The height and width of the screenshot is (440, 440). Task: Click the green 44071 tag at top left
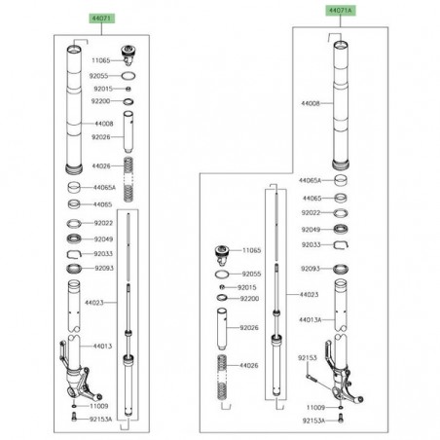click(74, 18)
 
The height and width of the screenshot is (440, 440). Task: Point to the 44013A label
click(312, 319)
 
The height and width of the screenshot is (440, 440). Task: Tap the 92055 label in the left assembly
click(104, 74)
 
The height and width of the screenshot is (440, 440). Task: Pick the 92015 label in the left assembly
click(104, 88)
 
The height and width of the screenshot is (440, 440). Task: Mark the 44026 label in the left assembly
click(104, 167)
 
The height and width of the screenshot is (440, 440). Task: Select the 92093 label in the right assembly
click(312, 268)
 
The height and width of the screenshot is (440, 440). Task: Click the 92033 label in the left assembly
click(104, 252)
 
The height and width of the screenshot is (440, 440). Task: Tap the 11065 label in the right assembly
click(253, 251)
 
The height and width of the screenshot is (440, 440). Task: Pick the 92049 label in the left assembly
click(104, 238)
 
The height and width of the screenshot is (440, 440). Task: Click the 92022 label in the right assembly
click(312, 211)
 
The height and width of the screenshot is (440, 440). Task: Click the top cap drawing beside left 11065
click(127, 52)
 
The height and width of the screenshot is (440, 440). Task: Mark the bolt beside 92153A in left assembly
click(74, 418)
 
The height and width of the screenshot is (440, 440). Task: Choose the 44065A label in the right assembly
click(310, 181)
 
